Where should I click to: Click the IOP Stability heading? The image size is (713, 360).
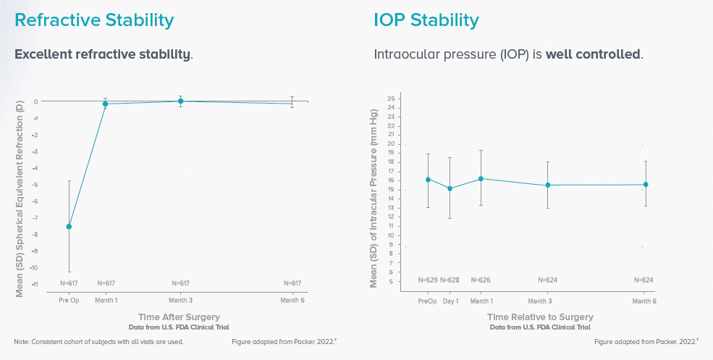(426, 20)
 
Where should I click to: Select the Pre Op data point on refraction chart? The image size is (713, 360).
(69, 227)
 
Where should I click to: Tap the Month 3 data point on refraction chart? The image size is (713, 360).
(180, 101)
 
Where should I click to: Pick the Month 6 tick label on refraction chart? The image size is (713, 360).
(292, 300)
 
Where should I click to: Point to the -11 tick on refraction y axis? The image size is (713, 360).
(35, 284)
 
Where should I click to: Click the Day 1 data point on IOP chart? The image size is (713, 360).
(450, 188)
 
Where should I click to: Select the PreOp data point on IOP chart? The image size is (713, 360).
(428, 180)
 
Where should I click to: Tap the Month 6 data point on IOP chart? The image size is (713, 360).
(646, 185)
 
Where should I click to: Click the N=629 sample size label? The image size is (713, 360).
(428, 280)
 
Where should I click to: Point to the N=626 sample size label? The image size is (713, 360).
(481, 280)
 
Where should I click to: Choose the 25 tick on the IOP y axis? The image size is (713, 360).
(391, 98)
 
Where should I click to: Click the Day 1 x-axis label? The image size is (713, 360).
(450, 301)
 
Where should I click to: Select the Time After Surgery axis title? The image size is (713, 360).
(179, 317)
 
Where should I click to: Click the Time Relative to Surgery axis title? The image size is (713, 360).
(540, 317)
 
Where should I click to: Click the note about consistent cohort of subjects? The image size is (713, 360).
(98, 341)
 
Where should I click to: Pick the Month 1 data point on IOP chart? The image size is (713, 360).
(481, 178)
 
